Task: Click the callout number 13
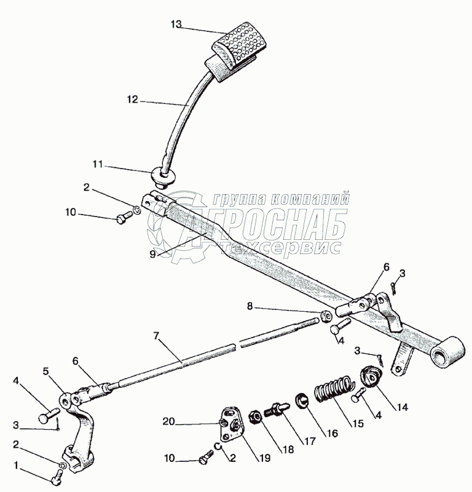(176, 25)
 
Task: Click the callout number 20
(168, 421)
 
